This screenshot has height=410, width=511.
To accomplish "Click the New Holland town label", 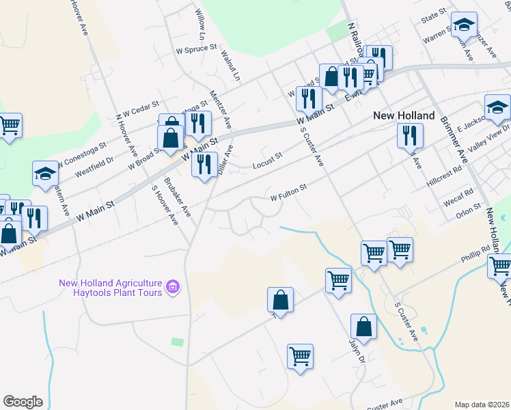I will tap(404, 115).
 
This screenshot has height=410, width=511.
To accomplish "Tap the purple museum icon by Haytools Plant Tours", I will tap(173, 288).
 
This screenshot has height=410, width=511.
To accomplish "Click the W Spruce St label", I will tap(196, 50).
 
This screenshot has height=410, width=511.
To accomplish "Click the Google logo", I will tap(23, 401).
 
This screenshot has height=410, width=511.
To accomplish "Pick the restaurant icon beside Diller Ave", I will tap(204, 165).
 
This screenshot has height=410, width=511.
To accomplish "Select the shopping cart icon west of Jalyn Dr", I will tap(301, 357).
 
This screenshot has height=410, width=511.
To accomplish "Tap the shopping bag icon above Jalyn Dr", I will tap(364, 327).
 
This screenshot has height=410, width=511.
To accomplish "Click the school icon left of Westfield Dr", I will tap(45, 174).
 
